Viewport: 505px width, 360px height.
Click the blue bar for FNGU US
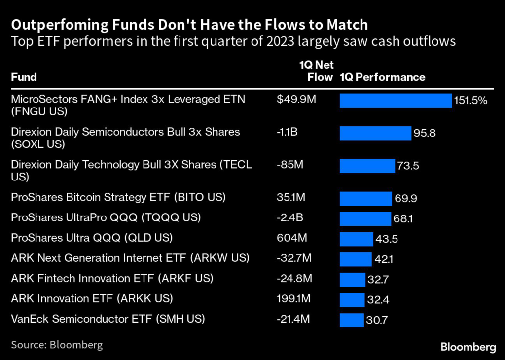396,101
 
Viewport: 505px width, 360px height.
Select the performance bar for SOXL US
375,133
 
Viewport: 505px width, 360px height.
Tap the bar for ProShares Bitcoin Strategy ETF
365,199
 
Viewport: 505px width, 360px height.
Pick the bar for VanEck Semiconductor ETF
352,320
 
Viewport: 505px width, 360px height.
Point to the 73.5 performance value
408,166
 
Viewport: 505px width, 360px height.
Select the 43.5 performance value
387,239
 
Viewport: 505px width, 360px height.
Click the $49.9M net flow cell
296,100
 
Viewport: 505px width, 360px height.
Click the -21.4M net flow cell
293,319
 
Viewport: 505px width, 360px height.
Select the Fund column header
24,77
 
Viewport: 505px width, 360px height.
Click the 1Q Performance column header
382,77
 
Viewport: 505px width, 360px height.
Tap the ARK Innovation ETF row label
92,298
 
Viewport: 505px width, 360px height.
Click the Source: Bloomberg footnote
57,344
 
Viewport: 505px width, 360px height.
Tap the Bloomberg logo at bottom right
468,347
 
